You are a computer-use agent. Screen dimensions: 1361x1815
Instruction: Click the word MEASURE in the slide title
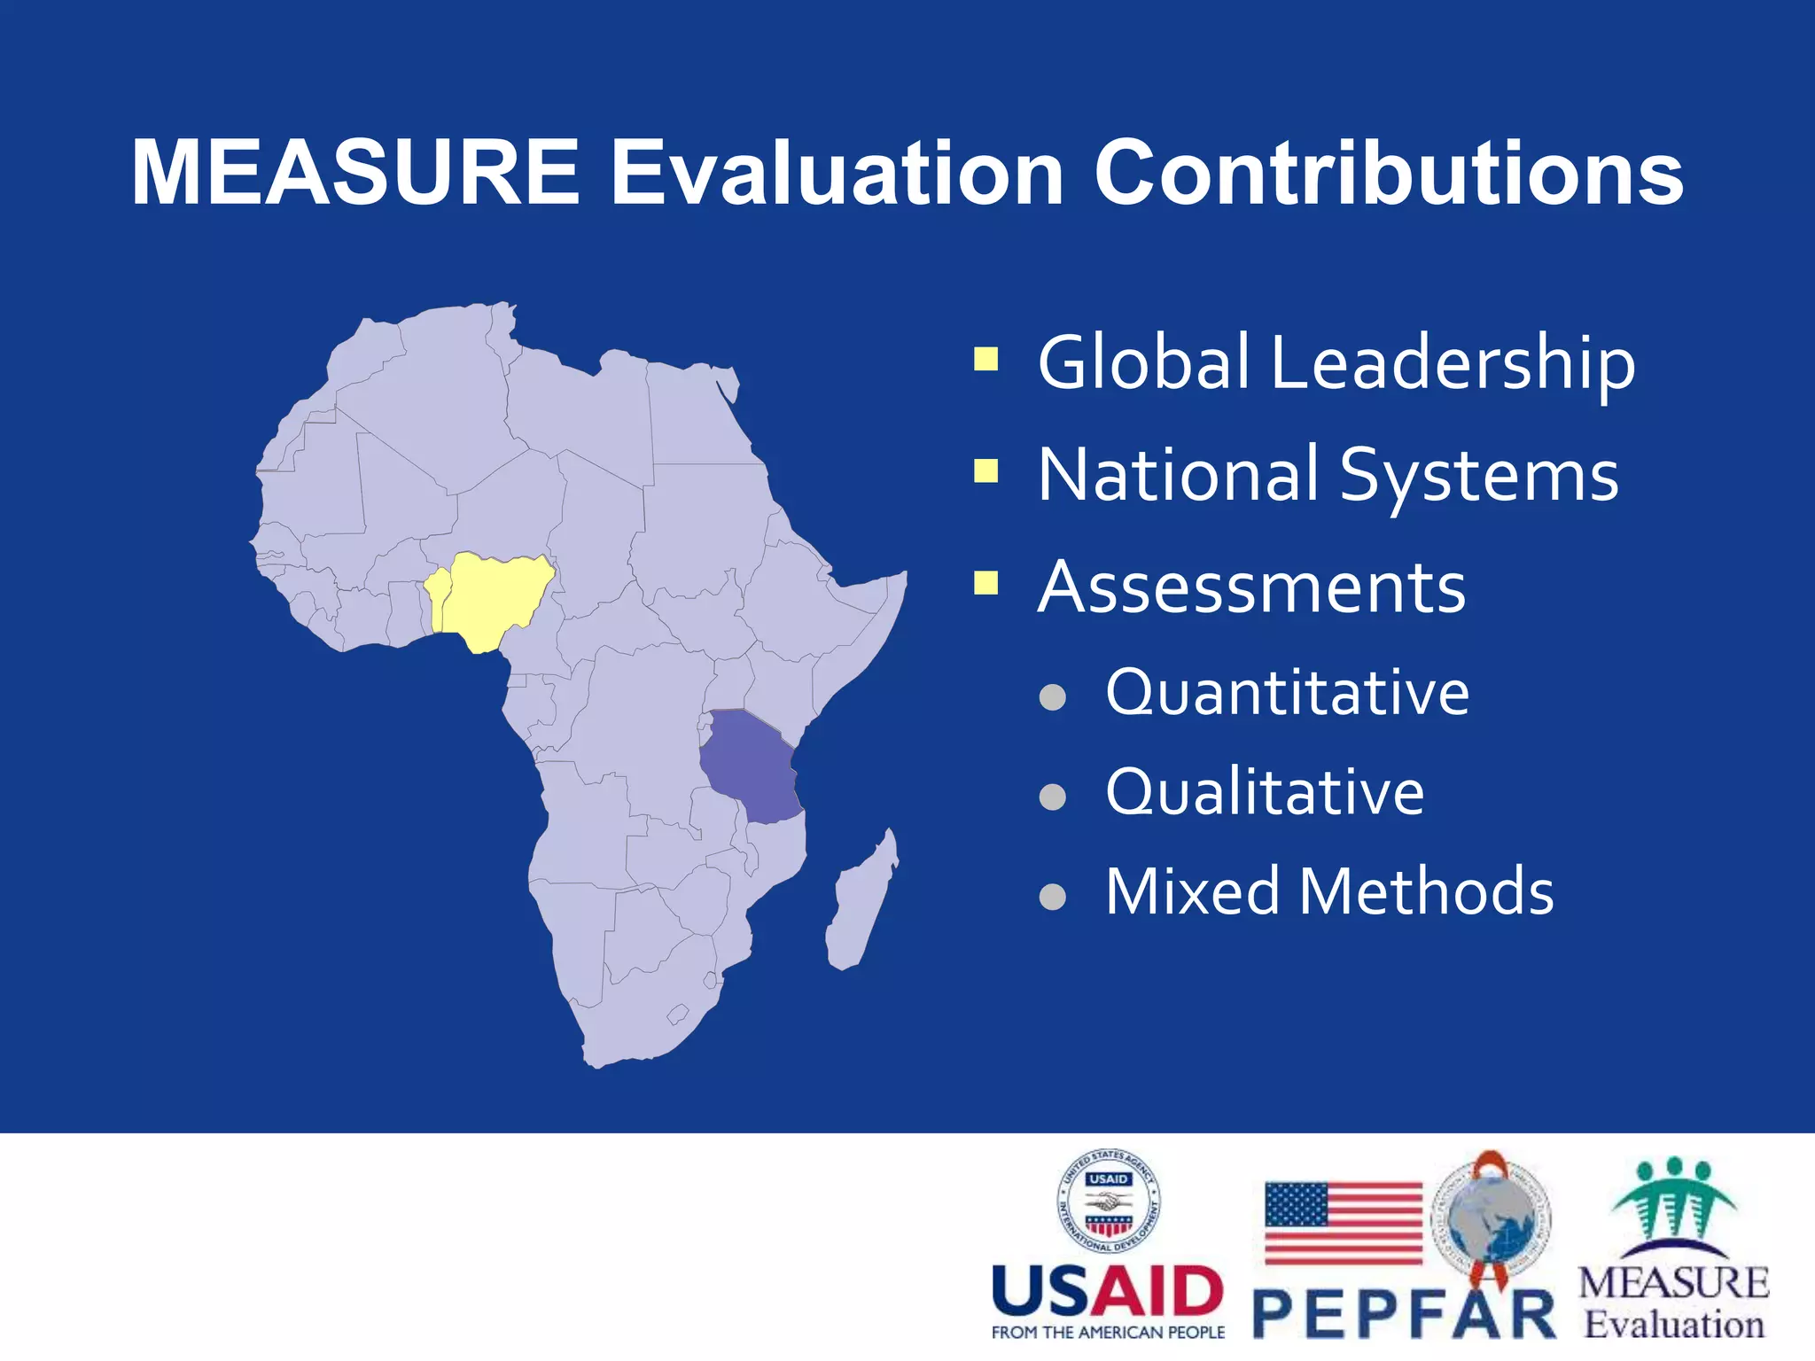[x=354, y=174]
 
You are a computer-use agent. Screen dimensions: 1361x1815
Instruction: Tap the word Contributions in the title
[x=1389, y=174]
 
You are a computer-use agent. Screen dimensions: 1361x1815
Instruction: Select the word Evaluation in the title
[x=837, y=174]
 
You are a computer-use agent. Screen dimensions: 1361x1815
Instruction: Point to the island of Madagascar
[x=860, y=904]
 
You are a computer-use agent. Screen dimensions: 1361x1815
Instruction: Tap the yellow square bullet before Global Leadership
[x=985, y=359]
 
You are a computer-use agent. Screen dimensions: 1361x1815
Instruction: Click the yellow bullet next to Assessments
[x=985, y=583]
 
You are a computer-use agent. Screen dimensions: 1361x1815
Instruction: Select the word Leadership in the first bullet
[x=1453, y=363]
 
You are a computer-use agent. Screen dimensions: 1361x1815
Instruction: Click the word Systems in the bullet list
[x=1478, y=476]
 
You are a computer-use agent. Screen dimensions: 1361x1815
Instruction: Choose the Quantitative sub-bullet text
[x=1287, y=692]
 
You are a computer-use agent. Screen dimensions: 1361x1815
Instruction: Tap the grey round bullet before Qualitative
[x=1052, y=797]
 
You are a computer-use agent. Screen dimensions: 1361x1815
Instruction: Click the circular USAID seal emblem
[x=1108, y=1202]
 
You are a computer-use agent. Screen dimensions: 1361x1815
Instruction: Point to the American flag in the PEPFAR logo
[x=1343, y=1223]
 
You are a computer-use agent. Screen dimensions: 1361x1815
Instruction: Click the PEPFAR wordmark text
[x=1405, y=1315]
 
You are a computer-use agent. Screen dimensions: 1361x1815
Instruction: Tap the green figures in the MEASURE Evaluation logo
[x=1673, y=1201]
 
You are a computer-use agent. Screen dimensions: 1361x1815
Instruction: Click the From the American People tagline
[x=1108, y=1333]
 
